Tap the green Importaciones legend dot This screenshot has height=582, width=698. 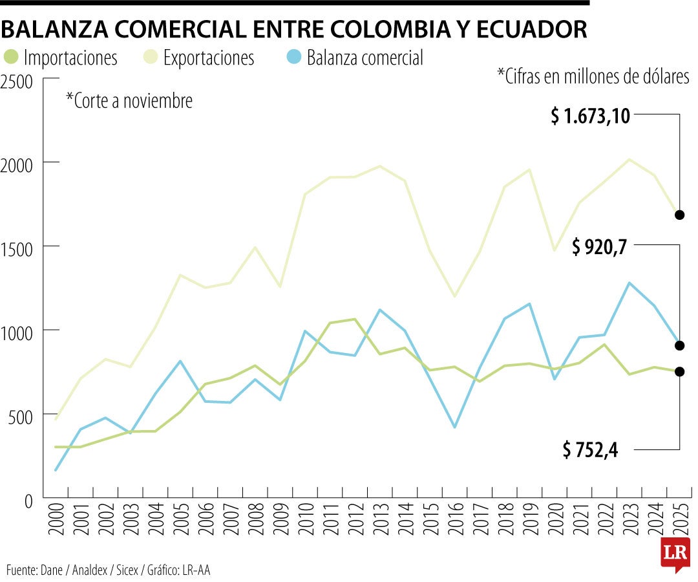pos(11,58)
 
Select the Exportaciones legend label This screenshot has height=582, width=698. pos(208,58)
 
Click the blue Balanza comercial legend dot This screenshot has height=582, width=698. pos(294,58)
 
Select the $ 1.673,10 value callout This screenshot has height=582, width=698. pos(590,116)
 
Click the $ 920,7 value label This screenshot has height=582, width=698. pos(599,246)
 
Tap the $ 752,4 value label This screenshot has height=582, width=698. pos(590,449)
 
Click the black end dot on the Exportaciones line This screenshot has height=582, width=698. pos(679,215)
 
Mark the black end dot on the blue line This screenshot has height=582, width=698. pos(679,345)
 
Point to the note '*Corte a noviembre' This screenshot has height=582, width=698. pos(129,101)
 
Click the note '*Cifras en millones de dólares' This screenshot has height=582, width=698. pos(593,76)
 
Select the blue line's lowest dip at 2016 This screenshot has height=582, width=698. pos(454,427)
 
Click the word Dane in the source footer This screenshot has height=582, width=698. pos(51,570)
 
